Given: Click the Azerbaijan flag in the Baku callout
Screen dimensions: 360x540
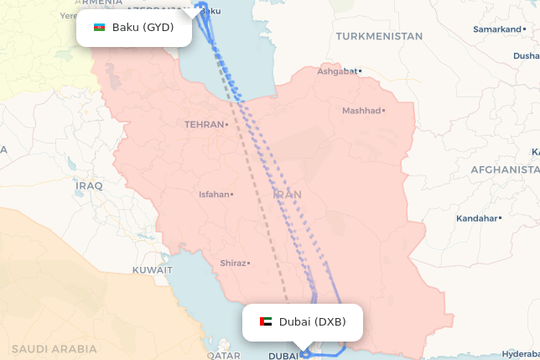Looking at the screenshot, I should click(x=99, y=28).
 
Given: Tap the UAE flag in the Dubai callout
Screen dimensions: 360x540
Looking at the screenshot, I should click(x=266, y=321).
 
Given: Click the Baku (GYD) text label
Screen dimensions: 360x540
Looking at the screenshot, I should click(x=143, y=28).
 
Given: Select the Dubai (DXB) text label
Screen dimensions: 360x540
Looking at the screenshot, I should click(x=312, y=321).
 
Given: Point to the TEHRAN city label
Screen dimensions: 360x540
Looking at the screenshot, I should click(x=205, y=124).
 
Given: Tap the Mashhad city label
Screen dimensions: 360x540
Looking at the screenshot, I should click(x=361, y=110).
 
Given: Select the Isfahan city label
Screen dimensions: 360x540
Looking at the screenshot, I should click(x=213, y=194).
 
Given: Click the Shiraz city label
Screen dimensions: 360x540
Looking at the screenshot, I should click(x=232, y=263).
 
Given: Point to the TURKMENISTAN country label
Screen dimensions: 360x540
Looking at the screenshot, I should click(x=379, y=36).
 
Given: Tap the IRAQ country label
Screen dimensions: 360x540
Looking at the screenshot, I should click(x=87, y=185).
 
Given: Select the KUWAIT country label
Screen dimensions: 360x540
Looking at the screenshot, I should click(x=152, y=270).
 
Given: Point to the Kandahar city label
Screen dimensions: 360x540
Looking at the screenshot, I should click(x=476, y=218).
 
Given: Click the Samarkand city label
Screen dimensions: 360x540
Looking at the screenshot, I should click(x=497, y=29).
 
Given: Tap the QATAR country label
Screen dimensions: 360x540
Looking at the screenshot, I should click(x=224, y=355).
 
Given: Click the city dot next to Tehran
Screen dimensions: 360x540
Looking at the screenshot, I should click(x=226, y=124).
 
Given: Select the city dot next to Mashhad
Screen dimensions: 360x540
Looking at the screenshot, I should click(x=383, y=110).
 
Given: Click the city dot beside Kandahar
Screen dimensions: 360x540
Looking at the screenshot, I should click(x=500, y=218).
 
